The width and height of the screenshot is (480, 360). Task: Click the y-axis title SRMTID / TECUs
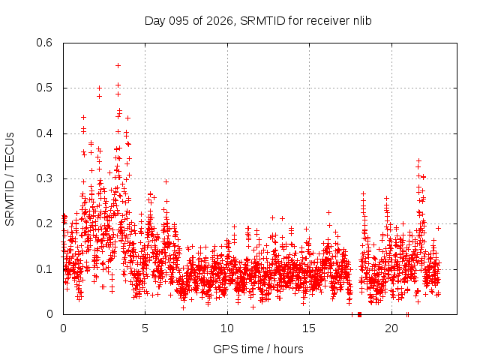(x=10, y=178)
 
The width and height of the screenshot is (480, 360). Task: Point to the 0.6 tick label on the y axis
(x=45, y=43)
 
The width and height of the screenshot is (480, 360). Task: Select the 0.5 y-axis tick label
(x=45, y=88)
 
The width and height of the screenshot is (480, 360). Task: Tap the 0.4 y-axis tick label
(x=45, y=133)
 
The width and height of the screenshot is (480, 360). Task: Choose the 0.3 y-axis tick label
(x=45, y=178)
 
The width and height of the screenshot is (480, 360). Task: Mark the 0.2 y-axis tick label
(x=45, y=223)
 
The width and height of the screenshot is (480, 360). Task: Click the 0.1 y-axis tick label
(x=45, y=268)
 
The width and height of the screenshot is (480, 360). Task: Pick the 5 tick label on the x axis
(x=145, y=328)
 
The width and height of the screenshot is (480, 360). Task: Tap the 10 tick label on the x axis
(x=227, y=328)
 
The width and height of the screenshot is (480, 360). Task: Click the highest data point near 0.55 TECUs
(x=118, y=65)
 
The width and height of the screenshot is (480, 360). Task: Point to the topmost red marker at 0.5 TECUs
(x=99, y=88)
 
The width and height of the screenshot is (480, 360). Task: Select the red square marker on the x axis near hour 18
(x=359, y=314)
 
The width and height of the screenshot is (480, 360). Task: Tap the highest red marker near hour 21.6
(x=418, y=160)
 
